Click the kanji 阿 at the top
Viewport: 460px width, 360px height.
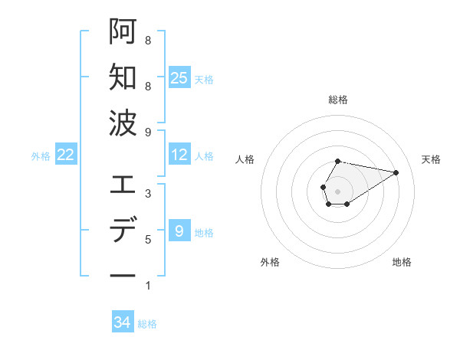pyautogui.click(x=123, y=31)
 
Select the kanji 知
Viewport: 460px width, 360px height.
pyautogui.click(x=123, y=77)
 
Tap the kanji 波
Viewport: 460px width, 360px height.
pyautogui.click(x=123, y=123)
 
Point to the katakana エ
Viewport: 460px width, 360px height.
pyautogui.click(x=123, y=184)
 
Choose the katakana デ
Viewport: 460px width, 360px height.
pyautogui.click(x=123, y=230)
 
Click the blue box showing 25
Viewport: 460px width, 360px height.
pyautogui.click(x=179, y=78)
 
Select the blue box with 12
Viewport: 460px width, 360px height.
pyautogui.click(x=179, y=155)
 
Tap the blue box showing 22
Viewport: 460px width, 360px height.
pyautogui.click(x=65, y=155)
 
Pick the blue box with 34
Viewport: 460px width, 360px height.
pyautogui.click(x=123, y=322)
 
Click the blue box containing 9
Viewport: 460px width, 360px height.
pyautogui.click(x=179, y=231)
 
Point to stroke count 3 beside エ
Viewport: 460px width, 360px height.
pyautogui.click(x=148, y=194)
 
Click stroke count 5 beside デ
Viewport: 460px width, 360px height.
pyautogui.click(x=148, y=240)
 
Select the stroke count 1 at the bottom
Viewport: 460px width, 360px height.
pyautogui.click(x=148, y=286)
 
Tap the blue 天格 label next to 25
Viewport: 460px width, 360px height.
pyautogui.click(x=204, y=79)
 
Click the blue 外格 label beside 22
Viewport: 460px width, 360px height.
pyautogui.click(x=41, y=155)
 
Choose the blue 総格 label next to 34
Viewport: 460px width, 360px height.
pyautogui.click(x=147, y=323)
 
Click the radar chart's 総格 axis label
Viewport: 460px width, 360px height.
pyautogui.click(x=337, y=100)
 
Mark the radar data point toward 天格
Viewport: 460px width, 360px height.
pyautogui.click(x=396, y=172)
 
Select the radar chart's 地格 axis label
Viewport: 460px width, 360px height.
pyautogui.click(x=402, y=262)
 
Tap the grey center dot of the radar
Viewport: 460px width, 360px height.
pyautogui.click(x=337, y=191)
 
